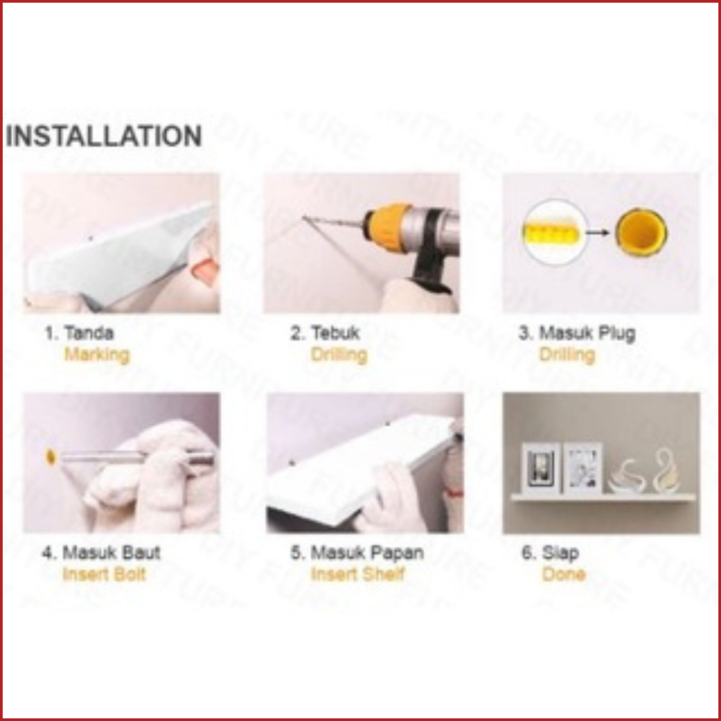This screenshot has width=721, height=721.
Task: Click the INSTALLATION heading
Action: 104,136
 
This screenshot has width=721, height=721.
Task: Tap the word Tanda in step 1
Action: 89,332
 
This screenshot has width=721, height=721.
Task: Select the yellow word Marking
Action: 97,355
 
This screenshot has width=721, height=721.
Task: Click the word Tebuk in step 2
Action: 335,332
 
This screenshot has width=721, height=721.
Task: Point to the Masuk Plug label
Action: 587,333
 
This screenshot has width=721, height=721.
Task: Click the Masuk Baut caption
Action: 111,552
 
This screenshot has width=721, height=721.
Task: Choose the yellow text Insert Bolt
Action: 104,575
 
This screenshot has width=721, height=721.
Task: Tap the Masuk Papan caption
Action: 367,552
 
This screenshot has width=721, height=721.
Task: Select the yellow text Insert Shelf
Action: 358,575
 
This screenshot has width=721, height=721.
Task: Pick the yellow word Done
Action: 564,575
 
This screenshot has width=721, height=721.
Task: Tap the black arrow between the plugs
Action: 598,232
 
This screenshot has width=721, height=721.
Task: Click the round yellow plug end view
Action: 641,232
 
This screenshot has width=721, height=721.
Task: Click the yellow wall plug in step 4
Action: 51,456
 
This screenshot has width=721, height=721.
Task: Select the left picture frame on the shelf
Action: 541,468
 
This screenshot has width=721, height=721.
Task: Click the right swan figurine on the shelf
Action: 660,471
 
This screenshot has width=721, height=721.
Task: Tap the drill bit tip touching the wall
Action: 303,218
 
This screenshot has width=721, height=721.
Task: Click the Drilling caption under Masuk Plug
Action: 567,355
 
